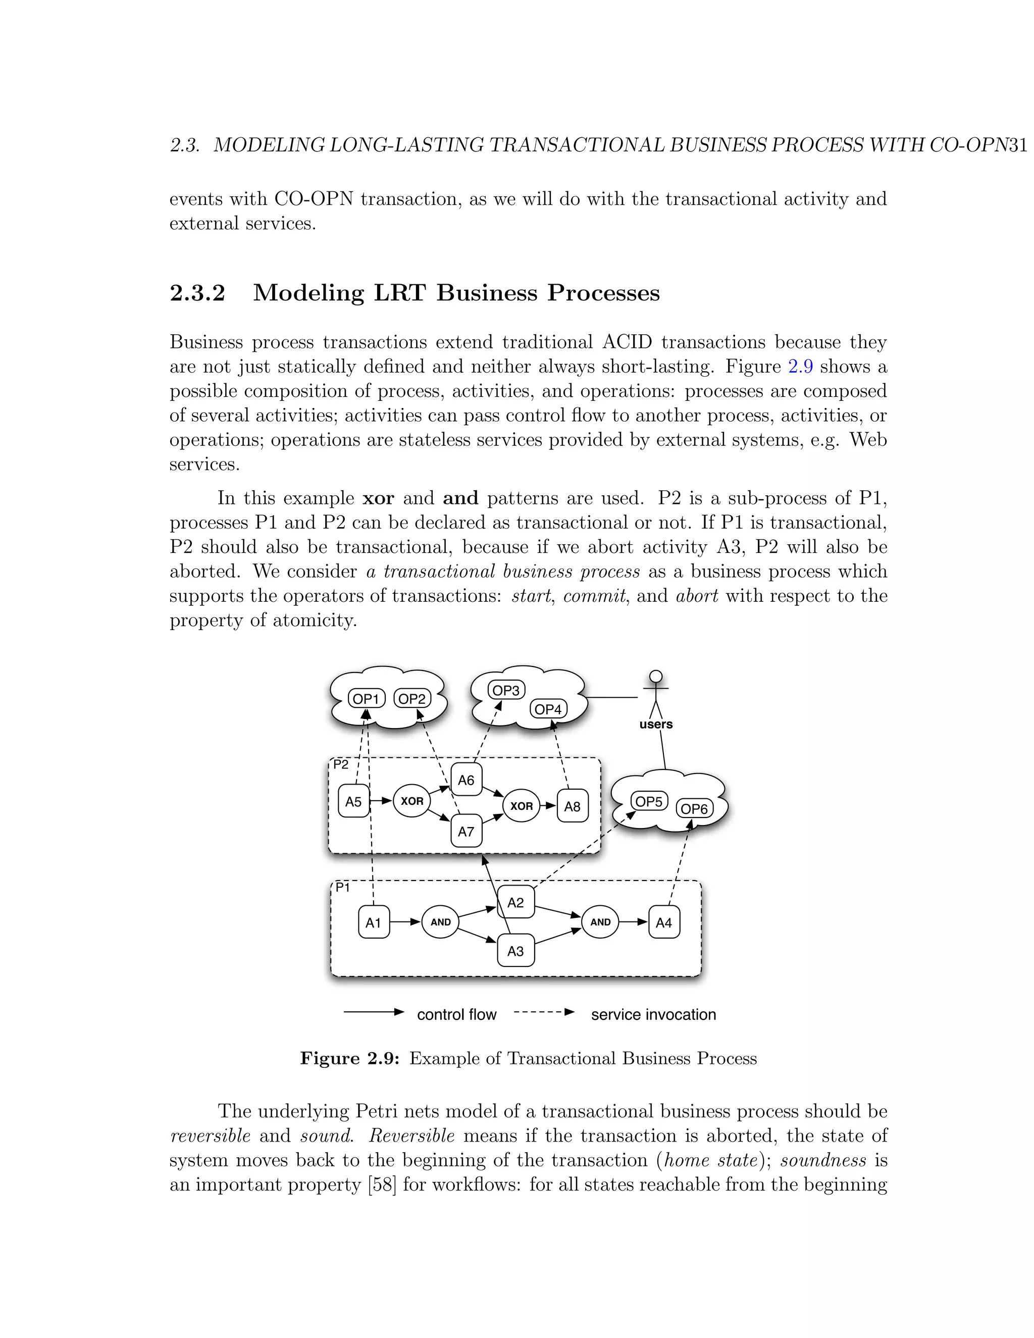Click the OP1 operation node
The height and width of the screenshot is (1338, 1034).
[367, 698]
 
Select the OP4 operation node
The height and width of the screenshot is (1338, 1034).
[548, 709]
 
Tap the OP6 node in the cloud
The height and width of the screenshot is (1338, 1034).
[695, 809]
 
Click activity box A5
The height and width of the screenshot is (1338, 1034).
[353, 801]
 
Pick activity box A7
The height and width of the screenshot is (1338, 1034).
[466, 832]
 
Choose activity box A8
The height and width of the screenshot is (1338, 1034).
[572, 806]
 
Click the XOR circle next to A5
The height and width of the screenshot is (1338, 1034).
[411, 801]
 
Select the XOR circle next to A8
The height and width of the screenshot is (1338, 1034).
[521, 806]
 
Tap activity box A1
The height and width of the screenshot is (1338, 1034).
[373, 922]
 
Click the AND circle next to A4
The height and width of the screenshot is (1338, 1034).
[600, 922]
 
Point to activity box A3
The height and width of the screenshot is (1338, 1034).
[516, 951]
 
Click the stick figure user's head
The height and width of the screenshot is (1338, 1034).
[656, 677]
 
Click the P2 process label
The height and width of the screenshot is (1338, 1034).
[341, 764]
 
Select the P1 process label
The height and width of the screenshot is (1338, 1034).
[342, 888]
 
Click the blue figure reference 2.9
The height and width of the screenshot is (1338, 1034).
[800, 367]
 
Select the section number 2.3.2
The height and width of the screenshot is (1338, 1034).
[197, 293]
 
